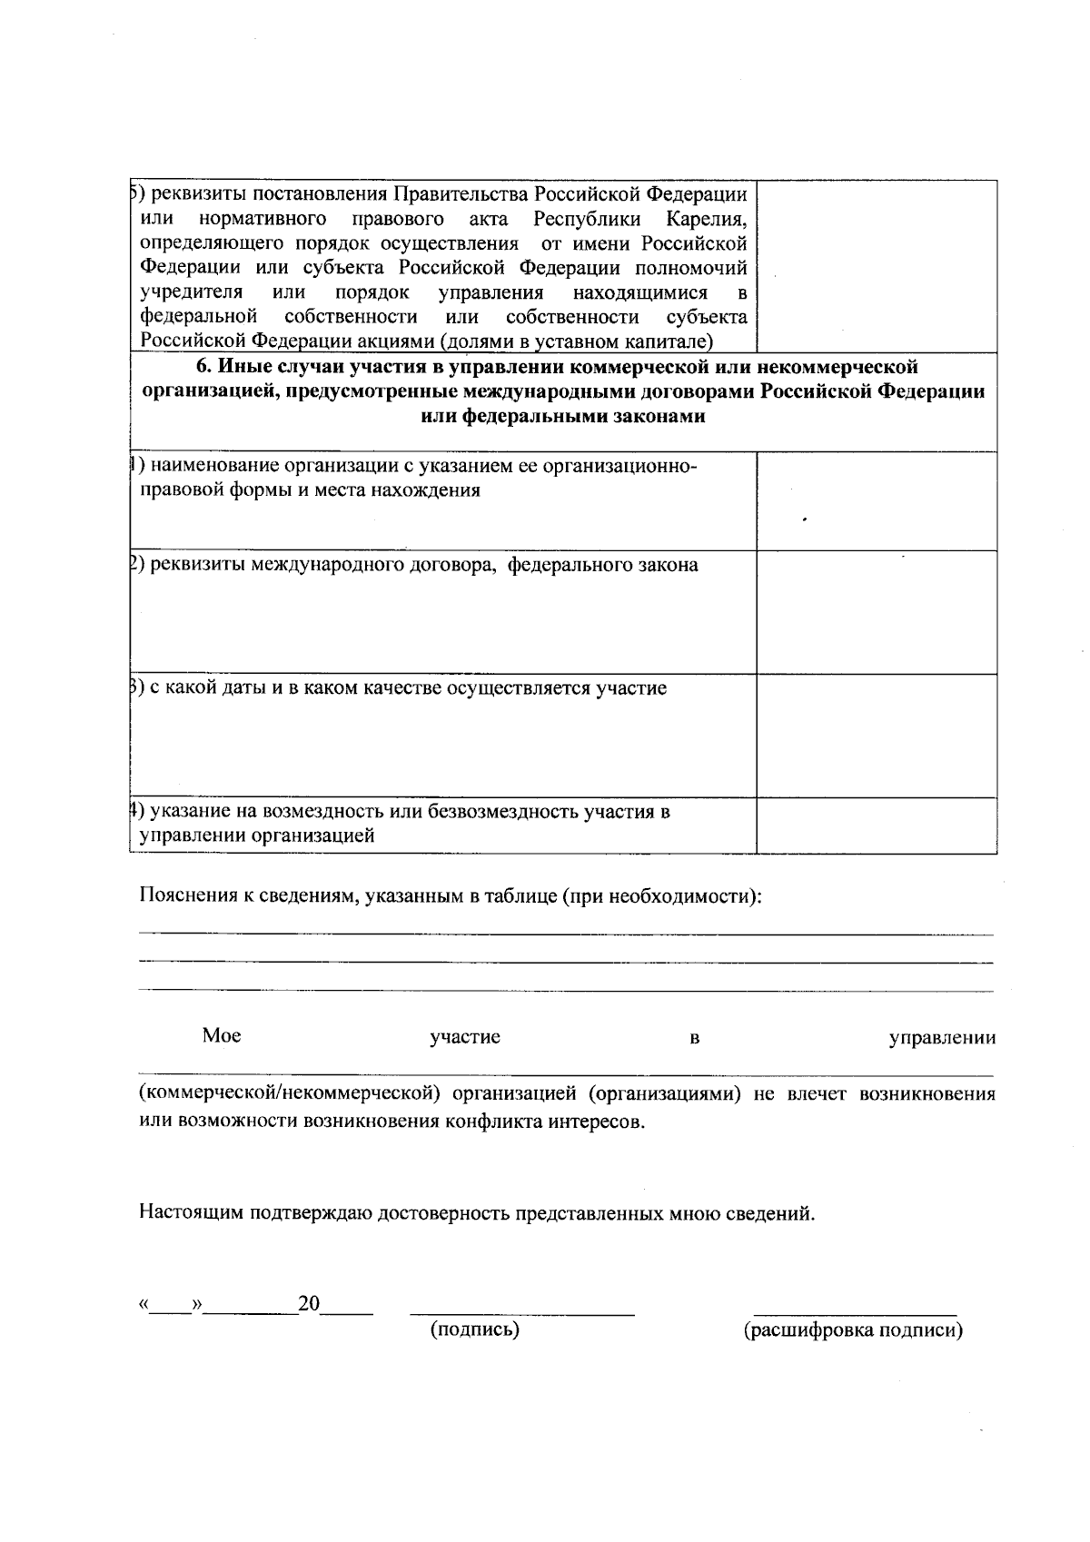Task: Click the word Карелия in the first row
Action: click(x=706, y=219)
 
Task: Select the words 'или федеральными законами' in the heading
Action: click(x=563, y=417)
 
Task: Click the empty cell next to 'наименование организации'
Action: click(x=877, y=500)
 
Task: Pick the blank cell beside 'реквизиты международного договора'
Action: click(x=877, y=612)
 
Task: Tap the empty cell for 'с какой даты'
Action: click(x=877, y=736)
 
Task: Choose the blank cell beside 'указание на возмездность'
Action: click(x=877, y=825)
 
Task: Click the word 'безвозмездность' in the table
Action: click(x=504, y=811)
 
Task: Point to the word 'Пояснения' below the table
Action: click(x=187, y=896)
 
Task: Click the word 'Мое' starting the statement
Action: click(x=222, y=1036)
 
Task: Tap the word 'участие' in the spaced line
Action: click(x=465, y=1037)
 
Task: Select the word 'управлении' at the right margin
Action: click(x=942, y=1037)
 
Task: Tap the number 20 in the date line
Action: click(x=310, y=1304)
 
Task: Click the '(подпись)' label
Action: click(x=475, y=1330)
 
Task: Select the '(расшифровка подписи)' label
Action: click(x=853, y=1330)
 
